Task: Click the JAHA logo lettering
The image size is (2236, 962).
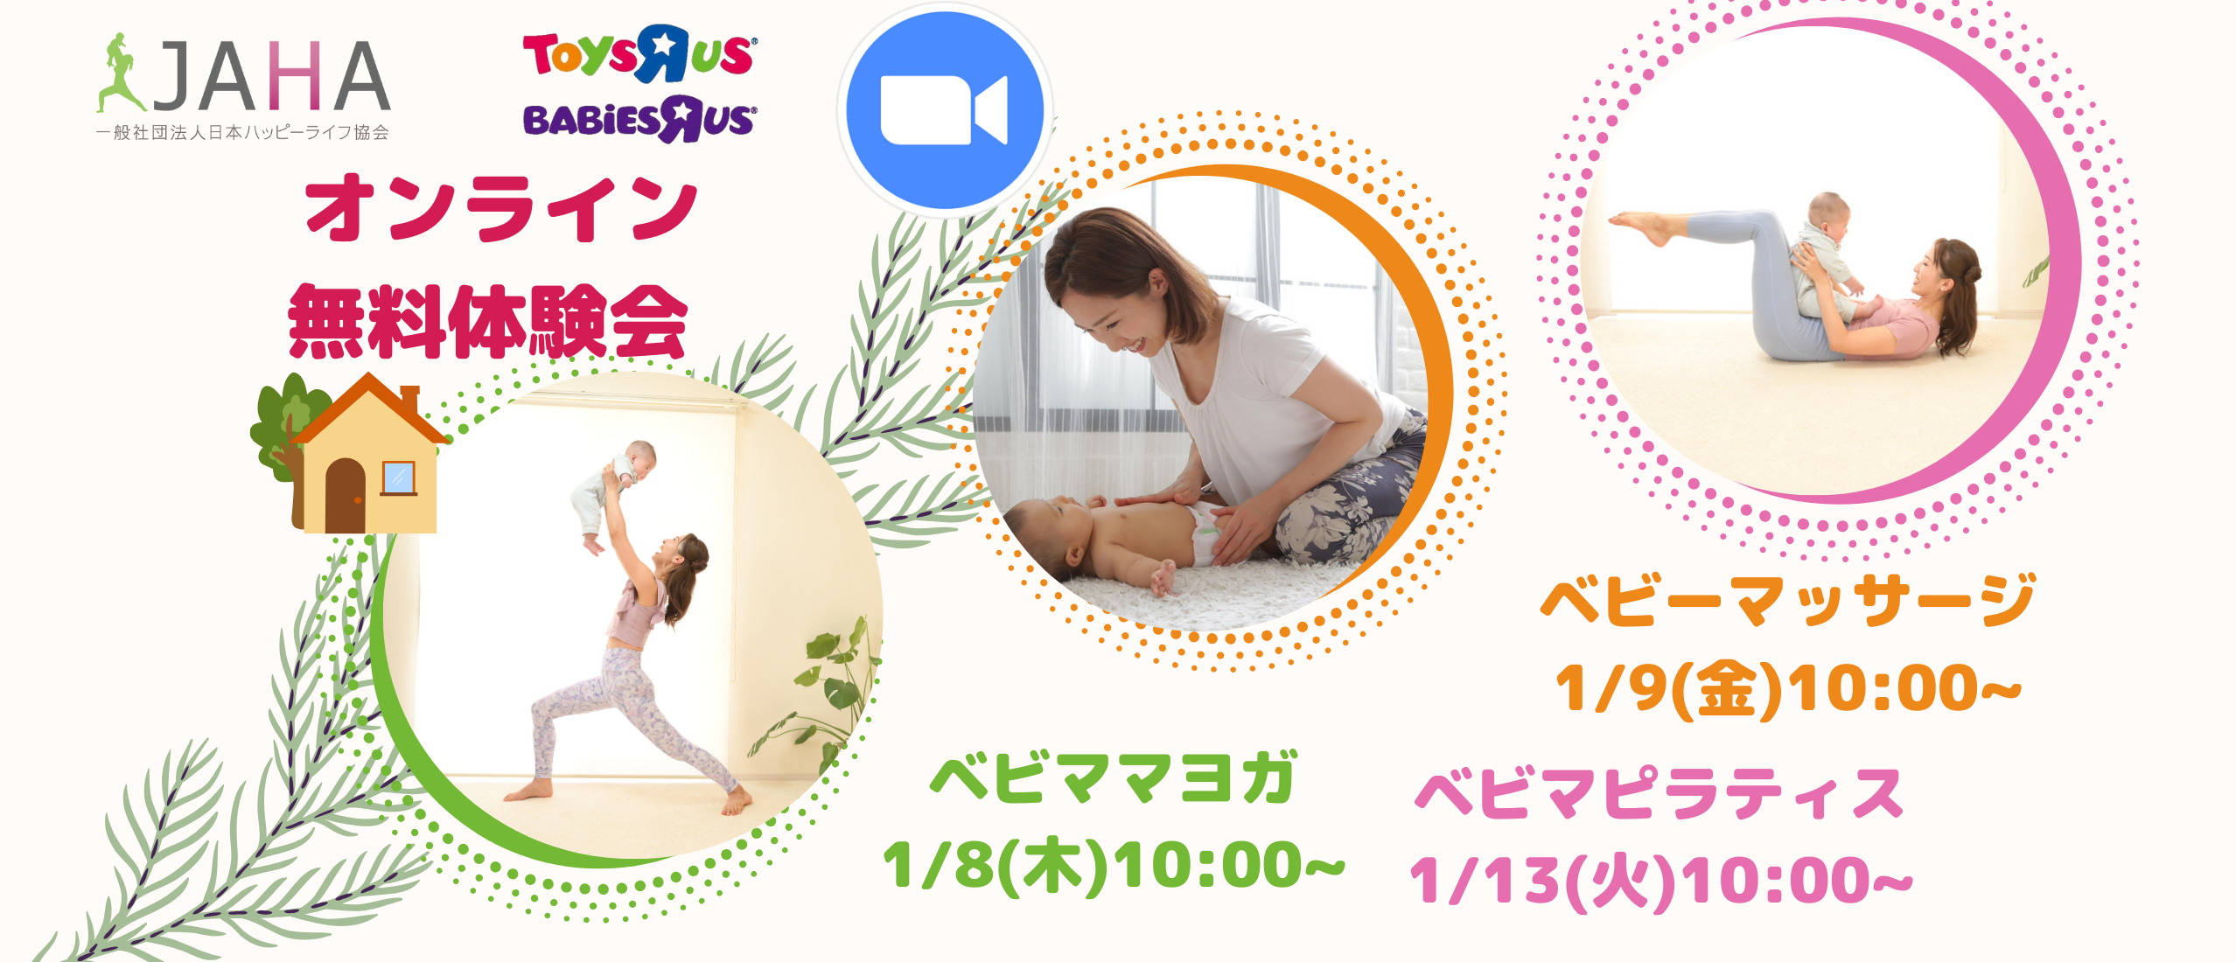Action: [271, 77]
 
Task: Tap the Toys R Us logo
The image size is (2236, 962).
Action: [639, 53]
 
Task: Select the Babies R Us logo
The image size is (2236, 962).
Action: [639, 120]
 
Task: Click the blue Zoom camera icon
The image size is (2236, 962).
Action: [944, 111]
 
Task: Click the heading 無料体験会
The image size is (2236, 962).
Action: [488, 322]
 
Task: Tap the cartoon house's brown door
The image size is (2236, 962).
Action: [346, 497]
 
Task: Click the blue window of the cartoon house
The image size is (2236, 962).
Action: [398, 478]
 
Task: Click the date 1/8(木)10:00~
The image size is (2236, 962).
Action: [1113, 866]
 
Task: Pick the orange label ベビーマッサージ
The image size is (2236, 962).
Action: [1786, 602]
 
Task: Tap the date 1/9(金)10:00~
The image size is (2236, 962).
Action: [1786, 689]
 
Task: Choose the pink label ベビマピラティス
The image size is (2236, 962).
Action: [1660, 794]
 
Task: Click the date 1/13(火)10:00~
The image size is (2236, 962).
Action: [1660, 880]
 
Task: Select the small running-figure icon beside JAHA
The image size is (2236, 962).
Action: [119, 73]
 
